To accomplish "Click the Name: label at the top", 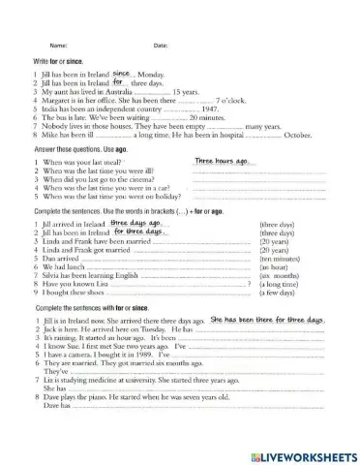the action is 58,46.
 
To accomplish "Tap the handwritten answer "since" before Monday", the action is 122,72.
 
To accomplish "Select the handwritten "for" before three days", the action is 118,82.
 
